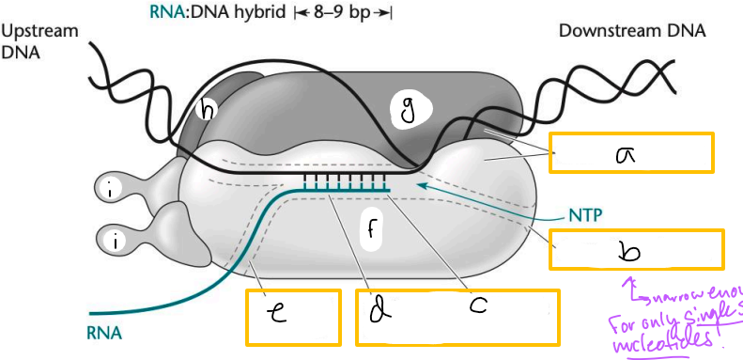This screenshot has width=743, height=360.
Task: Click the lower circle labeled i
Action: pyautogui.click(x=115, y=242)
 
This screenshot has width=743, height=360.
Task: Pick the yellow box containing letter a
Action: pyautogui.click(x=630, y=152)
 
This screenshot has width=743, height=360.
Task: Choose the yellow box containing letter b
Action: pyautogui.click(x=637, y=250)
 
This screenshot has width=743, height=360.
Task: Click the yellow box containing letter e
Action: pyautogui.click(x=291, y=316)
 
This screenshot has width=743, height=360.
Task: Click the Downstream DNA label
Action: pyautogui.click(x=631, y=31)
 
